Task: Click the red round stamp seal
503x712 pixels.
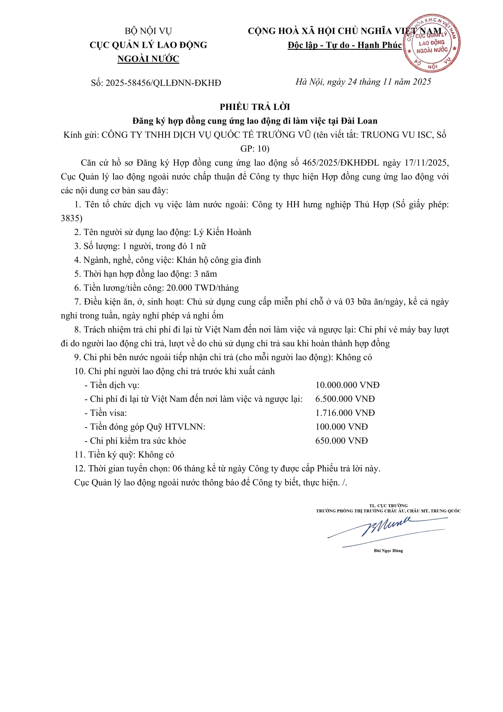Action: [432, 43]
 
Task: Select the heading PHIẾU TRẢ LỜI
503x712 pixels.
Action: [255, 107]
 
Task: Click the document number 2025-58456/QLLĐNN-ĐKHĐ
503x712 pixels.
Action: [163, 83]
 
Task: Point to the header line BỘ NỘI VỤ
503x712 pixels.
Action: [148, 31]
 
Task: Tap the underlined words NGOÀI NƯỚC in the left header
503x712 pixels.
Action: [148, 59]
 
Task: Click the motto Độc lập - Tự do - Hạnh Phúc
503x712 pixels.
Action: [345, 45]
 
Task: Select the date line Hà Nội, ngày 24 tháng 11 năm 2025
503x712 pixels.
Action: [363, 82]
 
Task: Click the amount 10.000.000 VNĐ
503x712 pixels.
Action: [347, 385]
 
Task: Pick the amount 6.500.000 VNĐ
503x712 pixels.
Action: [345, 399]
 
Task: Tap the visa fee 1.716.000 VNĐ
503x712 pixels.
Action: [345, 413]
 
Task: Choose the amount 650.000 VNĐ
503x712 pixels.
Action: [341, 441]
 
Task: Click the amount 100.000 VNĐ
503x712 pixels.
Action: [341, 427]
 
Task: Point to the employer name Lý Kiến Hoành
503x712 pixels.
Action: [222, 232]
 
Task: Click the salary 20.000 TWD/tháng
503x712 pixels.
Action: [203, 288]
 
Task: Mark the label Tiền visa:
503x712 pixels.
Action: [108, 413]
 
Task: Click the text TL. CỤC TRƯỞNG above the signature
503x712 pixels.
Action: [388, 506]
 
